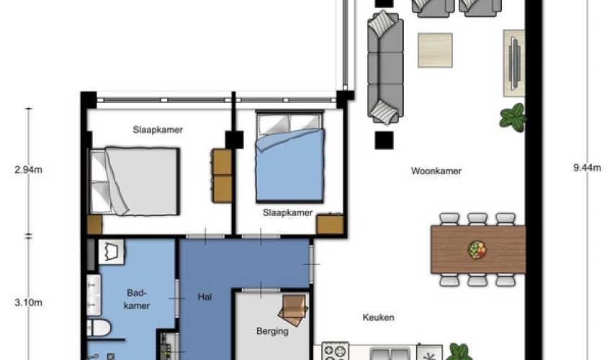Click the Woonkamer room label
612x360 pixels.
436,171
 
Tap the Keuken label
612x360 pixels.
378,318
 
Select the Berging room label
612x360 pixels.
272,331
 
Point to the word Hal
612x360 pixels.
204,297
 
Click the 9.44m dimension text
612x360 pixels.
587,168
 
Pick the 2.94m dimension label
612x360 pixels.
28,170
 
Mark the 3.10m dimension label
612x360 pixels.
28,302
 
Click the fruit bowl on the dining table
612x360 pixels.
477,250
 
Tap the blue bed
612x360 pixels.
289,157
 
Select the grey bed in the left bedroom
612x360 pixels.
135,181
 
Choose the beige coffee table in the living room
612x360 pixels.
435,50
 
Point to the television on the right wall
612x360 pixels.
514,63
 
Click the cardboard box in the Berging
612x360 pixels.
293,310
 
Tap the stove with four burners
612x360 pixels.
335,351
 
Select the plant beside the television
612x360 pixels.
513,117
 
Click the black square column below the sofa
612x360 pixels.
384,140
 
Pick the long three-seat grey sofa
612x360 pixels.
385,68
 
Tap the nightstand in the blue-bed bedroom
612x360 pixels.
330,225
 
